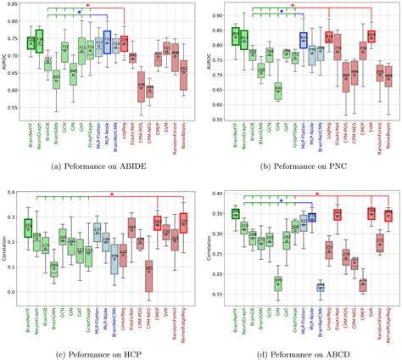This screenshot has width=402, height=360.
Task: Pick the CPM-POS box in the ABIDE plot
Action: tap(141, 85)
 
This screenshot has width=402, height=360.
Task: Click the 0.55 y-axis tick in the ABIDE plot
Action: tap(14, 108)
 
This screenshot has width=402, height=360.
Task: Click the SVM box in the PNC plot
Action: tap(371, 37)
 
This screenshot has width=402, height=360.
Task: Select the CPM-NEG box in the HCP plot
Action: tap(149, 274)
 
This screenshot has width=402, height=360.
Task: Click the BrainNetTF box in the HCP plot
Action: tap(28, 228)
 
